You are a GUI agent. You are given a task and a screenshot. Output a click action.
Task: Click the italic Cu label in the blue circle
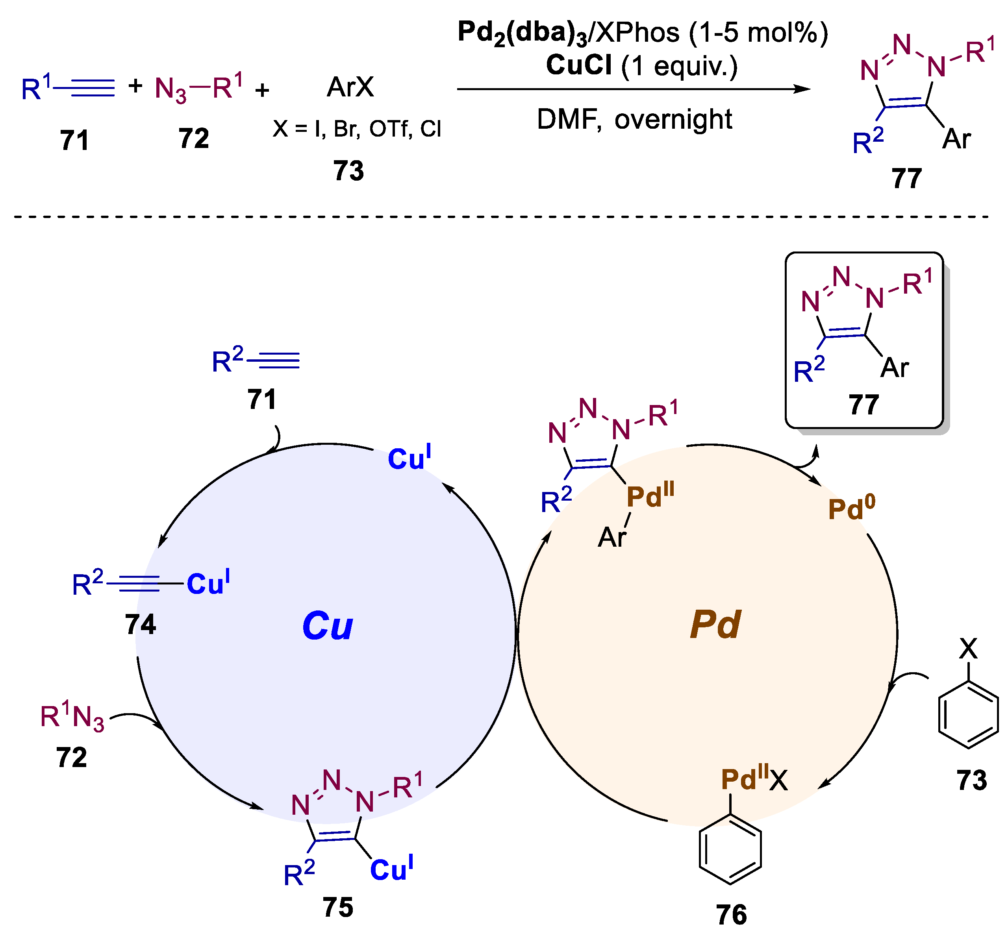click(x=328, y=626)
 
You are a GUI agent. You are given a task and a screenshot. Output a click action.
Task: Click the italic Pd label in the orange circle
click(x=715, y=625)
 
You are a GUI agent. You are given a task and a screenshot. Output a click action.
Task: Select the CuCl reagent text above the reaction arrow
click(x=579, y=66)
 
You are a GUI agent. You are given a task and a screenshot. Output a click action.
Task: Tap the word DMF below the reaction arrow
click(x=568, y=120)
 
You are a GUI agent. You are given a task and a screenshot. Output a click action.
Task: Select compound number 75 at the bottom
click(x=337, y=908)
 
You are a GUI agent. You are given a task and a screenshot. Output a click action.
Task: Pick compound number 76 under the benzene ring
click(x=731, y=915)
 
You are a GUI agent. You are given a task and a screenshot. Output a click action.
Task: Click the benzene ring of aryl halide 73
click(x=968, y=714)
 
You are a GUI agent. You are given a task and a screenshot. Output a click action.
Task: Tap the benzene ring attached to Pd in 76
click(x=730, y=849)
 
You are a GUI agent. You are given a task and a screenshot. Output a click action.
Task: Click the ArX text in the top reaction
click(x=350, y=87)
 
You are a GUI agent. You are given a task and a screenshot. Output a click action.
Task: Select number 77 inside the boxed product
click(x=864, y=405)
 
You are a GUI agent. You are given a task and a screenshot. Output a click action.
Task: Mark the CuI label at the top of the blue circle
click(x=409, y=457)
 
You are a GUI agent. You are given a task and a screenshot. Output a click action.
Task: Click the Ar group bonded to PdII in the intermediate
click(x=612, y=538)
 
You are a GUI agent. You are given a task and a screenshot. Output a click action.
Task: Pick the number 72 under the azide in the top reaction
click(x=194, y=139)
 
